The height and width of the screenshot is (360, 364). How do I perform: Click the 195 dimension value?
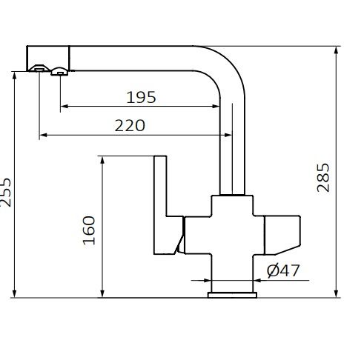coord(142,97)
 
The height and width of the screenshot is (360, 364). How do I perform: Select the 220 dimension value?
coord(130,125)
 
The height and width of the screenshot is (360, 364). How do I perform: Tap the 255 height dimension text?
coord(7,193)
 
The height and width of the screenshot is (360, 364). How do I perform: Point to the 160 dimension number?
coord(90,230)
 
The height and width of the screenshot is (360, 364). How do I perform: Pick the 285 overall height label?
coord(324,178)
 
